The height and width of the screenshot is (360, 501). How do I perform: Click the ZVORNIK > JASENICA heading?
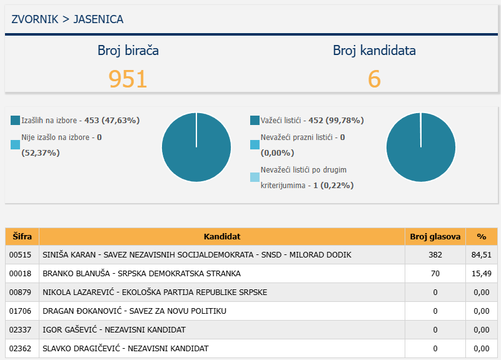[68, 19]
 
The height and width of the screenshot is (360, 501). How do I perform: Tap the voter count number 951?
[128, 79]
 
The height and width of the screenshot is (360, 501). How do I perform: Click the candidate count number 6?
[374, 79]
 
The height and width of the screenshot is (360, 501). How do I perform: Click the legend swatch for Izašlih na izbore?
[16, 120]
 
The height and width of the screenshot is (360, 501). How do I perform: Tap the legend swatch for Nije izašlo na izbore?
[16, 145]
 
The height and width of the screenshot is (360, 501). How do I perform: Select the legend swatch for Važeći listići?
[255, 120]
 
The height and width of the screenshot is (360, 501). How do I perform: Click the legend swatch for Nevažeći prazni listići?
[255, 145]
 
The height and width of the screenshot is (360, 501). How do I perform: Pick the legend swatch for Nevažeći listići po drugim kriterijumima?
[255, 177]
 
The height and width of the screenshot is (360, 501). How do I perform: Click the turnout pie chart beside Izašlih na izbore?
[196, 147]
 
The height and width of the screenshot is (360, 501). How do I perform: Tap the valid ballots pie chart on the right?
[420, 147]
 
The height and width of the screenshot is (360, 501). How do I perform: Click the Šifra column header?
[22, 237]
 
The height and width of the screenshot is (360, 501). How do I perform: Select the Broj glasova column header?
[435, 237]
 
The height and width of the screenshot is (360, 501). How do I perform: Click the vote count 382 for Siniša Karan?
[435, 255]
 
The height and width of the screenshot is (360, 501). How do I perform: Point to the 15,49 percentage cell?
[482, 274]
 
